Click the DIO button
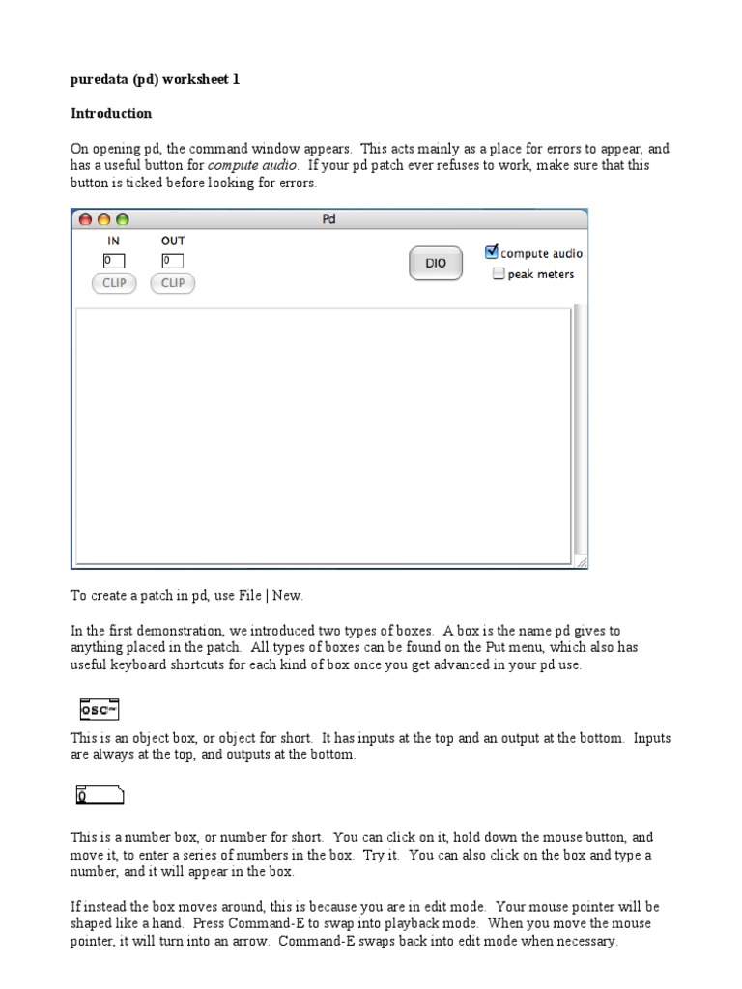pos(436,263)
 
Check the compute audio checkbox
pos(492,253)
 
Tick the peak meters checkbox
pos(499,274)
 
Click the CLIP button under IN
pos(114,283)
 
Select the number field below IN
pos(114,261)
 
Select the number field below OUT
pos(173,261)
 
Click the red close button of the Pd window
pos(85,219)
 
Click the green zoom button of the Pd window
pos(122,219)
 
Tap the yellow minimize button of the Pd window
pos(103,219)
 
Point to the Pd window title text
pos(328,219)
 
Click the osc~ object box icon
pos(99,710)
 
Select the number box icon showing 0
pos(100,797)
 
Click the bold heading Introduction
pos(111,113)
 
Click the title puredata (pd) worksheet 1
pos(155,80)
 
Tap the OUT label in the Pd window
pos(173,240)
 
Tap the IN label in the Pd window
pos(113,240)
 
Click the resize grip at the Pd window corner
pos(582,562)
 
